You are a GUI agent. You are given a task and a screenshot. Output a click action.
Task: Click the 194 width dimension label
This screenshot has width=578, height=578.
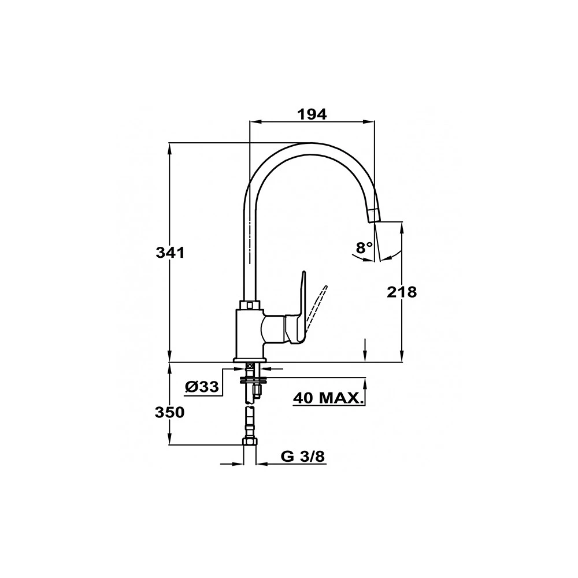[x=312, y=114]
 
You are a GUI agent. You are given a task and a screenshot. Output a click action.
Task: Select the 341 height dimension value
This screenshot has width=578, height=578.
[x=170, y=253]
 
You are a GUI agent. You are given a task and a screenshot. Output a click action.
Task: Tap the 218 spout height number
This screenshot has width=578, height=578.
[x=402, y=292]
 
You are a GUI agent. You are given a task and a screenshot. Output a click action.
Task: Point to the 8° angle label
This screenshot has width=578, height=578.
[x=364, y=247]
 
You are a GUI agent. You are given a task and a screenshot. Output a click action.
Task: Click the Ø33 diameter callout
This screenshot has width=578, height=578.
[x=202, y=387]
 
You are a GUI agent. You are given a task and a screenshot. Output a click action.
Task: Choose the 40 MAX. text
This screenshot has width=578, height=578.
[x=327, y=398]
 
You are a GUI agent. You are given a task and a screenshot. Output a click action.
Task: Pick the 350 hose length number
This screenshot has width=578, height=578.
[x=169, y=413]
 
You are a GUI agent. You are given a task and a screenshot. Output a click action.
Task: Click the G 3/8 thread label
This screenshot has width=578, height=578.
[x=303, y=457]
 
